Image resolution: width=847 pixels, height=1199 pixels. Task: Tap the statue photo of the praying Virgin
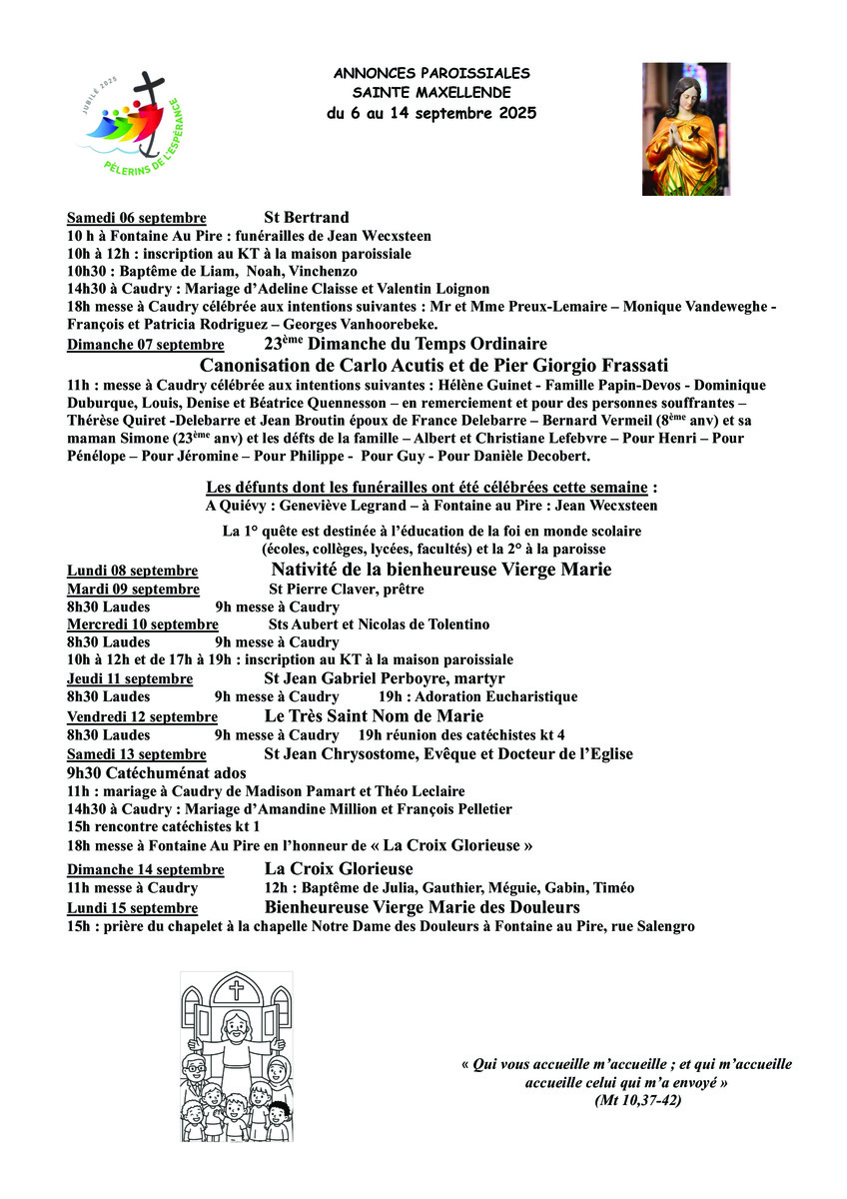685,129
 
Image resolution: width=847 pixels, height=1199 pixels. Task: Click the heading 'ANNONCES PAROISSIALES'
431,74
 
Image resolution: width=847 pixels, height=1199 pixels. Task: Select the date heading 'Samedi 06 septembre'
137,218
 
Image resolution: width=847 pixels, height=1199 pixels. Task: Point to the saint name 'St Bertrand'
307,218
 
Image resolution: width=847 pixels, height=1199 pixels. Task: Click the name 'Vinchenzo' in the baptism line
325,271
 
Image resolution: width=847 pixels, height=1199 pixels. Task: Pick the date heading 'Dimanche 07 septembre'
145,345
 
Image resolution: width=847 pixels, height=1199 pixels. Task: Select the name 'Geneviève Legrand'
315,506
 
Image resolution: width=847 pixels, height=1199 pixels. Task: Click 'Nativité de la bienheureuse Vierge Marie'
441,570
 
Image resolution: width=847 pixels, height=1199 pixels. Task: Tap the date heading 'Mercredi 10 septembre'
143,624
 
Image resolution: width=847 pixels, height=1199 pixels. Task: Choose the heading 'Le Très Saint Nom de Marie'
374,715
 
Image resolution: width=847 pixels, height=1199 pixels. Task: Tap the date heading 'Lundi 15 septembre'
132,908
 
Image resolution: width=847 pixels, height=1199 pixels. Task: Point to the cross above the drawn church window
237,990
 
